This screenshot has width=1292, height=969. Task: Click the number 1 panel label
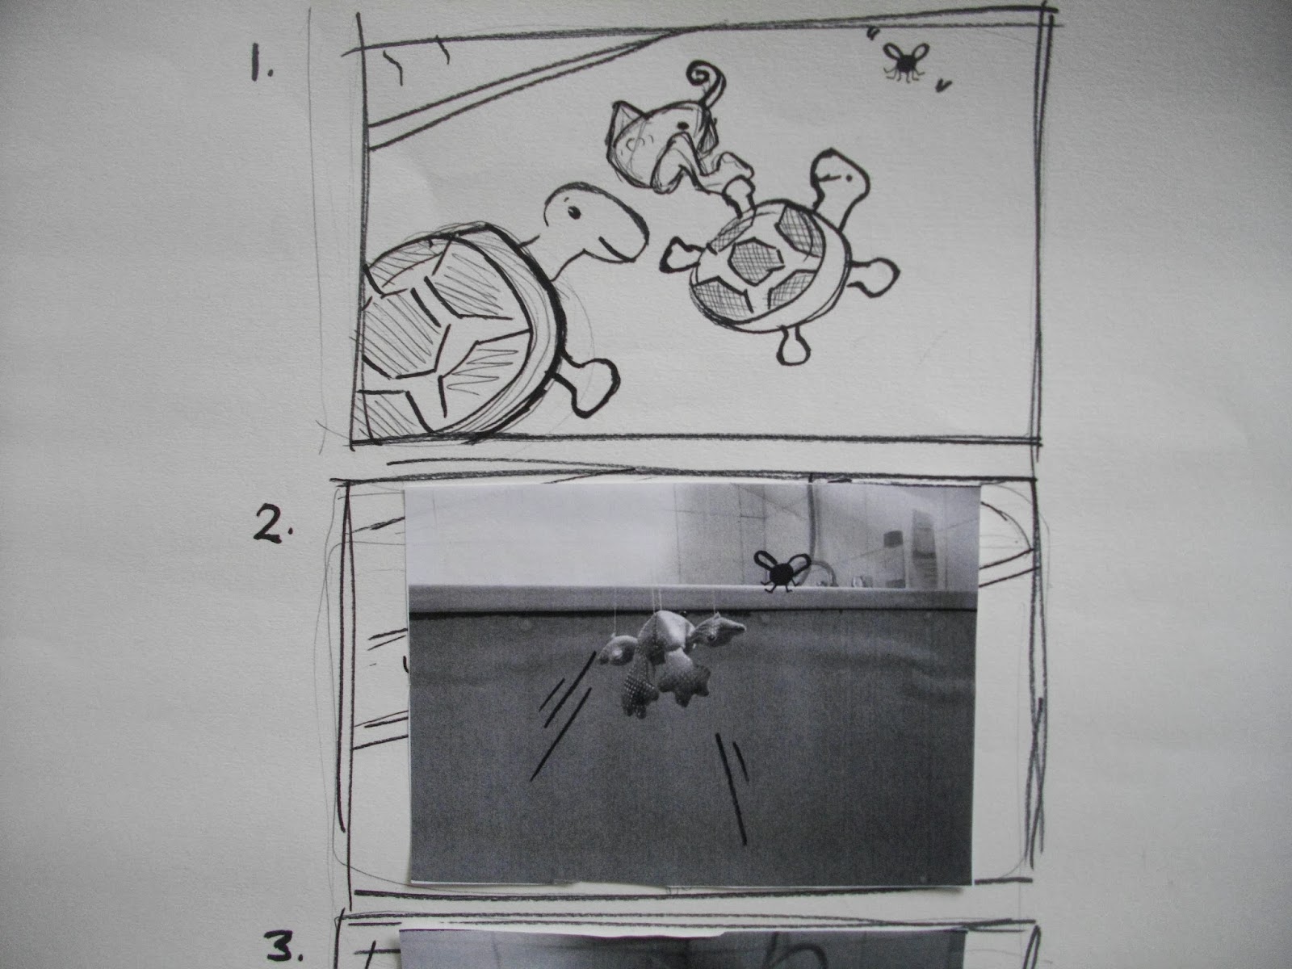260,69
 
